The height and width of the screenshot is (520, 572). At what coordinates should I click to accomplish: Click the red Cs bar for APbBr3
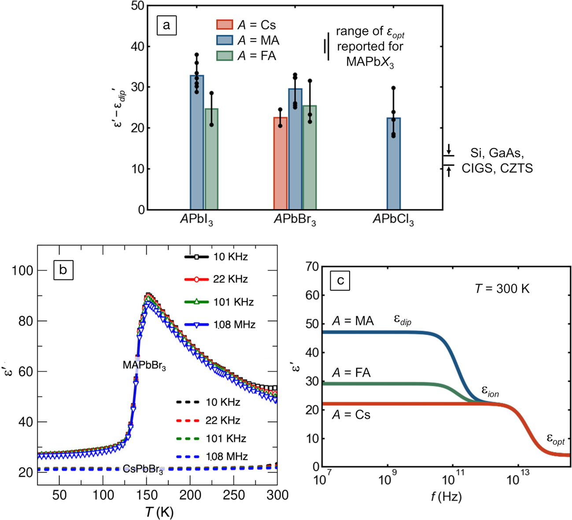tap(280, 163)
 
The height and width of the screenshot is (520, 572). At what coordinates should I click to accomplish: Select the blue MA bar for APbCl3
tap(394, 164)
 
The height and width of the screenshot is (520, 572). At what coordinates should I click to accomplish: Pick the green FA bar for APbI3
tap(211, 159)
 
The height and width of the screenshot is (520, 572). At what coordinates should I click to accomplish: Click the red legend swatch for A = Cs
tap(225, 25)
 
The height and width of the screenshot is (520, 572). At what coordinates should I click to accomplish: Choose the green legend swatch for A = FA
tap(225, 56)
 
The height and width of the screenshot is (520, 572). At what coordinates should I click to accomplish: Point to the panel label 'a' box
tap(166, 26)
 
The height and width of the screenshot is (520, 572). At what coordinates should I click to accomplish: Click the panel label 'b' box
tap(63, 270)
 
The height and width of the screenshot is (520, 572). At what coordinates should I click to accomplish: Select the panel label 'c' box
tap(340, 280)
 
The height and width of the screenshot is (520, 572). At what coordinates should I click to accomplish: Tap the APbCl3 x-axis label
tap(393, 220)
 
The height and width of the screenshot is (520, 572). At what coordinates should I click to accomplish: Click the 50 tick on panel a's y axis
tap(137, 6)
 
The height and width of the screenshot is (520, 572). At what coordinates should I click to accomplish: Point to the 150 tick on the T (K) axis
tap(146, 495)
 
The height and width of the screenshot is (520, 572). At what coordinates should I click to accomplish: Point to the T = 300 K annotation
tap(502, 289)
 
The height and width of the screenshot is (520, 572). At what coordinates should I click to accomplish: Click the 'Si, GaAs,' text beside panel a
tap(498, 153)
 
